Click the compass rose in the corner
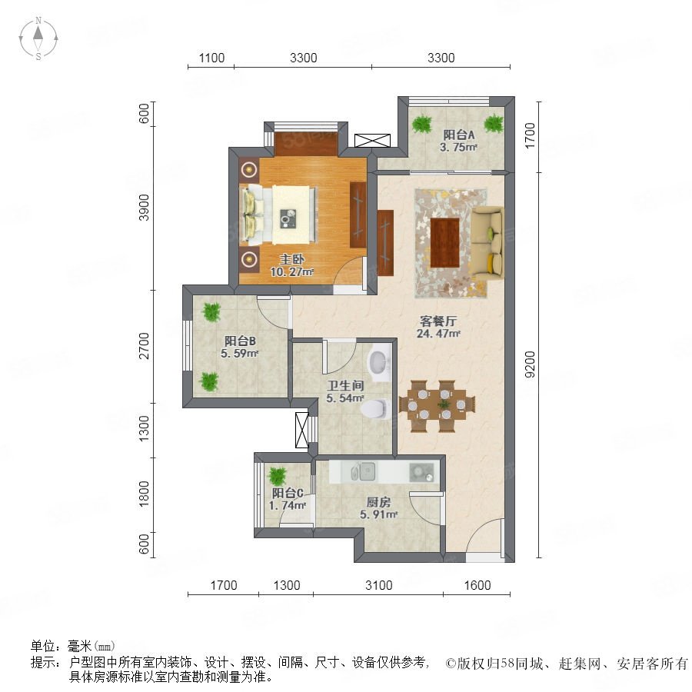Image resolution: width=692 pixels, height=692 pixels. [x=38, y=38]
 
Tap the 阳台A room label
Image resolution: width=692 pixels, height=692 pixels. [x=459, y=135]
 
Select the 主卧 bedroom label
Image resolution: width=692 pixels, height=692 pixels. [x=291, y=259]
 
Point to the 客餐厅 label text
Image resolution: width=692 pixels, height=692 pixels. [x=438, y=321]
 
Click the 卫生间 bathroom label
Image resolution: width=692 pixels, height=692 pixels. [x=345, y=385]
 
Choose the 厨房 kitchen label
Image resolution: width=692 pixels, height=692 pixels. [x=378, y=502]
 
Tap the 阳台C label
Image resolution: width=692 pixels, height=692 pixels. [x=288, y=493]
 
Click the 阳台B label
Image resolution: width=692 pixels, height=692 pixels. [x=240, y=341]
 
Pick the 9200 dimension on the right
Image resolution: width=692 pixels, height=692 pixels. [x=530, y=364]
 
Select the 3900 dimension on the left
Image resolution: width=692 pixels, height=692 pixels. [x=144, y=208]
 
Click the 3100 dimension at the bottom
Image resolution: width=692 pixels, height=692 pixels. [x=378, y=585]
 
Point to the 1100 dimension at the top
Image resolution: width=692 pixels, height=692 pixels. [x=211, y=58]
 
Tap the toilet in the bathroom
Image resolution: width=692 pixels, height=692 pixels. [x=375, y=409]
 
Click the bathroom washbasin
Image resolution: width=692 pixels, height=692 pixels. [x=380, y=362]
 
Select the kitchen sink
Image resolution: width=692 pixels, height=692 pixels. [x=362, y=472]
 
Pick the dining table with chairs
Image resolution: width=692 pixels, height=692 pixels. [x=437, y=405]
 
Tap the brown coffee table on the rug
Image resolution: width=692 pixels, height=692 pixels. [x=445, y=243]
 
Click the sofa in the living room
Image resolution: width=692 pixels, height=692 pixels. [x=487, y=242]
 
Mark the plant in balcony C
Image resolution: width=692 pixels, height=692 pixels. [x=278, y=476]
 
